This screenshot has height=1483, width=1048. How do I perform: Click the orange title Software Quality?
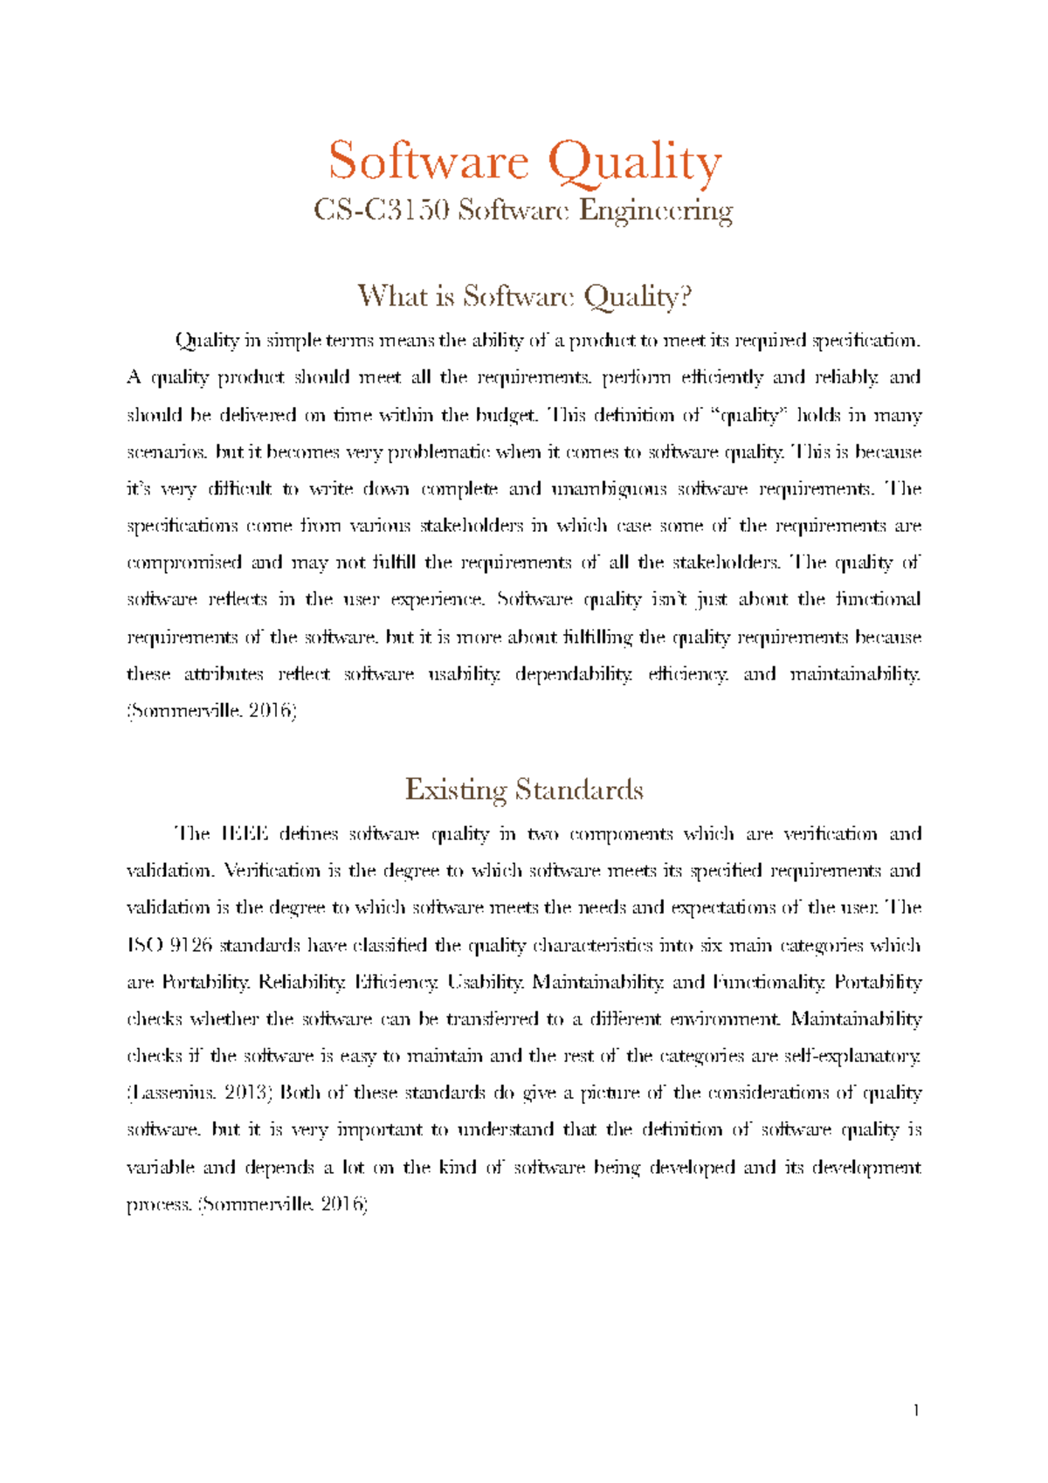tap(524, 162)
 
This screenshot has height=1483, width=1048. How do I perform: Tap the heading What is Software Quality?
tap(524, 296)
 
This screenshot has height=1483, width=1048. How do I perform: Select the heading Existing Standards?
tap(524, 790)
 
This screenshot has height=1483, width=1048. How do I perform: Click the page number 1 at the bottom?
tap(916, 1410)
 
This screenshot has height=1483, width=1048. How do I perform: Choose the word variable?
tap(160, 1168)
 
